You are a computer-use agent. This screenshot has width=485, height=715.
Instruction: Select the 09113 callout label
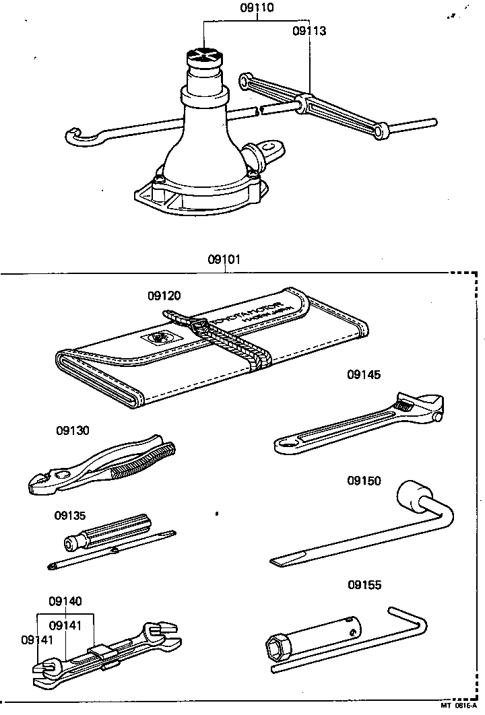click(x=309, y=30)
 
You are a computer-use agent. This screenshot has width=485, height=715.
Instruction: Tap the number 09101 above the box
click(x=226, y=259)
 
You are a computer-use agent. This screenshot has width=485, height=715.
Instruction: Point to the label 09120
click(x=164, y=295)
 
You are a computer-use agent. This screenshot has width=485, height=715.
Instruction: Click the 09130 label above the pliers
click(x=73, y=430)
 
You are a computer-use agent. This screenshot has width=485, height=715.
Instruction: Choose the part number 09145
click(x=364, y=375)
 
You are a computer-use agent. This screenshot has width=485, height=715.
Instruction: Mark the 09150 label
click(x=364, y=481)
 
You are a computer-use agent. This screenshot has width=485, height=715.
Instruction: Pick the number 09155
click(x=364, y=585)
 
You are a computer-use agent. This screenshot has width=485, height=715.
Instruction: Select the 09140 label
click(x=65, y=601)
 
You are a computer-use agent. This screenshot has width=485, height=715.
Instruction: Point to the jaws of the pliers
click(x=42, y=483)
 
